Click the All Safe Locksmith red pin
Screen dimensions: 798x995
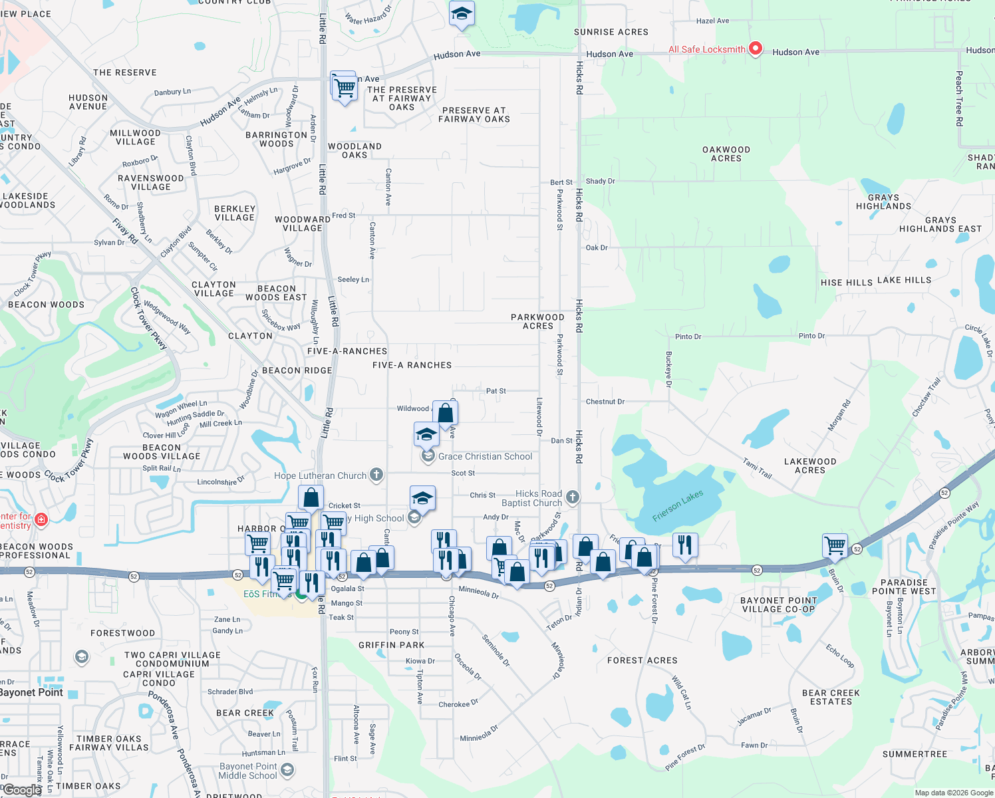pyautogui.click(x=755, y=49)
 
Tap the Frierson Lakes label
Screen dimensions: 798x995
pyautogui.click(x=677, y=506)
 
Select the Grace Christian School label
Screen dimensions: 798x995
pyautogui.click(x=485, y=456)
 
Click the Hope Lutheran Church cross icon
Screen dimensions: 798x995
pyautogui.click(x=376, y=475)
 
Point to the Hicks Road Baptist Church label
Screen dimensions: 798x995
pyautogui.click(x=538, y=498)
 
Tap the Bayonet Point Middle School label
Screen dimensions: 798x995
pyautogui.click(x=248, y=771)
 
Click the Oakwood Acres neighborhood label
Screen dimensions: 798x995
pyautogui.click(x=726, y=154)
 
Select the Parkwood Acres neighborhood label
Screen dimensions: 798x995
pyautogui.click(x=537, y=321)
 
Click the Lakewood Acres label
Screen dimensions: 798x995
pyautogui.click(x=810, y=465)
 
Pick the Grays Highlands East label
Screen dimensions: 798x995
pyautogui.click(x=940, y=225)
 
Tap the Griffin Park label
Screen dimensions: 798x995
pyautogui.click(x=391, y=645)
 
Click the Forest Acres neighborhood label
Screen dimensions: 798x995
pyautogui.click(x=642, y=660)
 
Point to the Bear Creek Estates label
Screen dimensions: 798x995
pyautogui.click(x=831, y=697)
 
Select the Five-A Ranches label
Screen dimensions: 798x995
pyautogui.click(x=412, y=365)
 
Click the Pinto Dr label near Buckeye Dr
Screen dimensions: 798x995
pyautogui.click(x=688, y=336)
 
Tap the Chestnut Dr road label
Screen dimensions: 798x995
pyautogui.click(x=605, y=402)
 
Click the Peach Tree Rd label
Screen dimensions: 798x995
pyautogui.click(x=959, y=98)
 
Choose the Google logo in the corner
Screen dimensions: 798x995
pyautogui.click(x=21, y=790)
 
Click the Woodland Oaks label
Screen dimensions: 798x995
pyautogui.click(x=355, y=150)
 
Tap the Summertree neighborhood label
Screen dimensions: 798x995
pyautogui.click(x=915, y=754)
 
